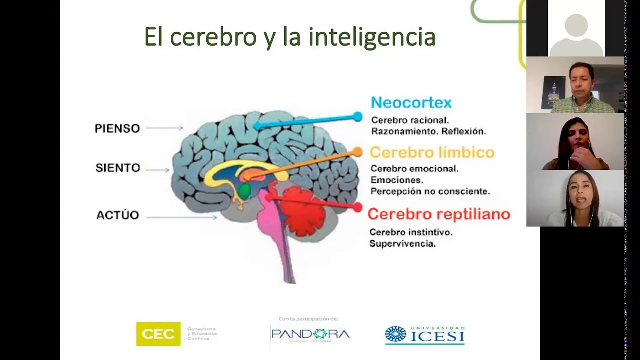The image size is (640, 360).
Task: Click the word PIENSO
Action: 117,128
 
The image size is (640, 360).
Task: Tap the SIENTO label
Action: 118,168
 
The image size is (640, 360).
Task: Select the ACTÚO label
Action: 117,215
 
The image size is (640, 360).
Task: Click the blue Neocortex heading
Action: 411,103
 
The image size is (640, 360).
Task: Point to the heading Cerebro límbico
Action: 432,152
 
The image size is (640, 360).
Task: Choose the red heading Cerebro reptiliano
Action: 438,214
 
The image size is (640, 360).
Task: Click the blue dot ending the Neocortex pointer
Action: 357,117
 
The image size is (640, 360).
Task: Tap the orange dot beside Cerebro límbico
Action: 357,152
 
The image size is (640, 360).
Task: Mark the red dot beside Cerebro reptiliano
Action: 357,207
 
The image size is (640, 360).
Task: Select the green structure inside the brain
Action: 244,190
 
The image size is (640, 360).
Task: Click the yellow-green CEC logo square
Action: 158,334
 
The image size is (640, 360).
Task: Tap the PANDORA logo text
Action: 310,334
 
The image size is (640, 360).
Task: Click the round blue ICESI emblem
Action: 396,334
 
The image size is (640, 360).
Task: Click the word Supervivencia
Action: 402,244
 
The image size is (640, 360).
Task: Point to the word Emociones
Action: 397,180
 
